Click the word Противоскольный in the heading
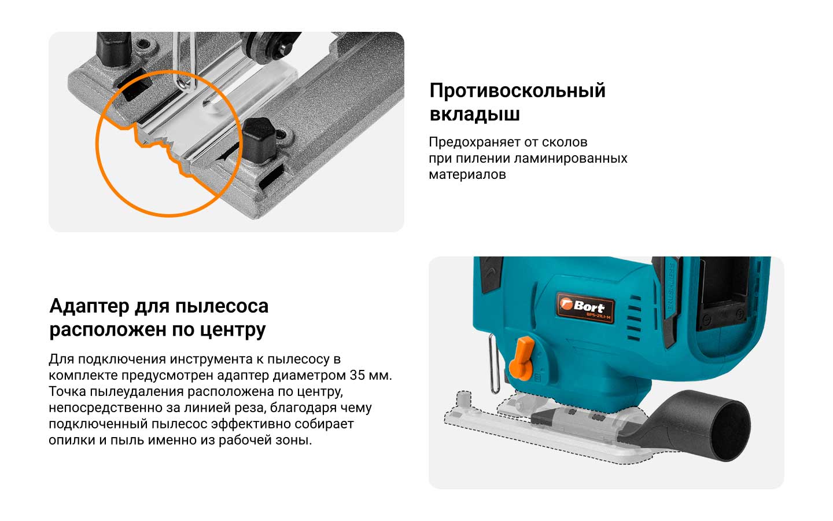[517, 91]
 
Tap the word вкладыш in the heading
[474, 114]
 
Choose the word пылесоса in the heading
[222, 307]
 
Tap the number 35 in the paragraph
[357, 375]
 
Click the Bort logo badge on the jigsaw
[585, 307]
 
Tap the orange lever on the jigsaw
[522, 358]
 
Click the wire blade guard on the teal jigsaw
[494, 364]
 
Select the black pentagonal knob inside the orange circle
[259, 140]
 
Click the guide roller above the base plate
[270, 45]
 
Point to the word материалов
[467, 175]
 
